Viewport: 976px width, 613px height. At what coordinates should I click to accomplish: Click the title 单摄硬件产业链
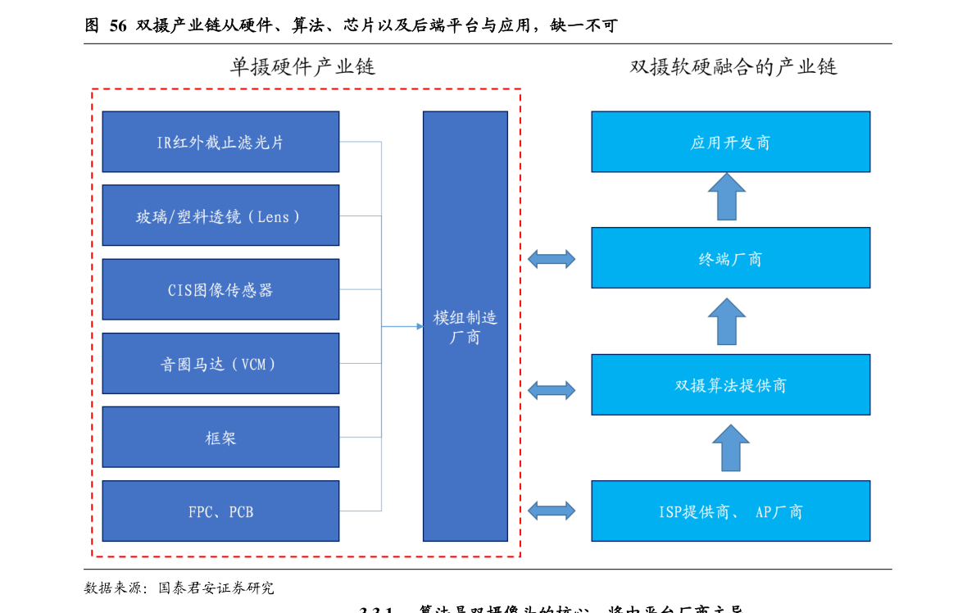(x=302, y=67)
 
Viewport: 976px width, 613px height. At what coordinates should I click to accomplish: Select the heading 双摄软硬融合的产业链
(x=733, y=67)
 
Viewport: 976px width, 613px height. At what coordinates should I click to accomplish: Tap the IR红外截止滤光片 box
(x=220, y=142)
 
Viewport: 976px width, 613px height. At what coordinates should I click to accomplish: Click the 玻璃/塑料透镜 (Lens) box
(x=220, y=216)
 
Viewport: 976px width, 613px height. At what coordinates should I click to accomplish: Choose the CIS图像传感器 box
(x=220, y=289)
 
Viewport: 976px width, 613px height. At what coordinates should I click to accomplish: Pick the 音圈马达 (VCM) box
(x=220, y=363)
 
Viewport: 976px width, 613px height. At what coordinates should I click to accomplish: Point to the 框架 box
(x=220, y=437)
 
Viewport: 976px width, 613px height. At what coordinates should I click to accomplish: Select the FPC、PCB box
(x=220, y=511)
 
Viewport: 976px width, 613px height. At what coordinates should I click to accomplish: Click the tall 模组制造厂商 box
(x=465, y=326)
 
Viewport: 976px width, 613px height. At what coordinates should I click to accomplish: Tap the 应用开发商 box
(x=730, y=142)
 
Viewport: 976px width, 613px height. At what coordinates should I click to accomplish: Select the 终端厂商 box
(x=730, y=258)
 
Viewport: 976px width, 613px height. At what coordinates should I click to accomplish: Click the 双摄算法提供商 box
(x=730, y=384)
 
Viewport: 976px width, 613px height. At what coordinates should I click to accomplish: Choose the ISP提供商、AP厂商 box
(x=730, y=511)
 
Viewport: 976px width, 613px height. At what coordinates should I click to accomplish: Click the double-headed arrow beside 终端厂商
(x=552, y=259)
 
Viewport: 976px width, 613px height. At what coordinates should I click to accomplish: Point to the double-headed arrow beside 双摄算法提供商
(x=552, y=390)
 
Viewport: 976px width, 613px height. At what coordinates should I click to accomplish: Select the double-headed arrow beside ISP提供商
(x=552, y=511)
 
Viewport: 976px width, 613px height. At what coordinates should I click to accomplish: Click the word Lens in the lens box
(x=273, y=217)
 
